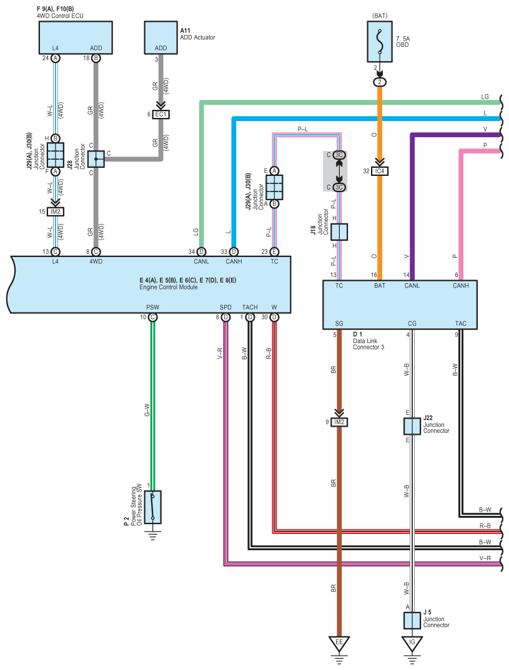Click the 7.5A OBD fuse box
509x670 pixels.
tap(379, 41)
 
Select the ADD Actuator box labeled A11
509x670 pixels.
tap(161, 37)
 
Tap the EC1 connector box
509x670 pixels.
tap(161, 115)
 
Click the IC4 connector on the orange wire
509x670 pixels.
tap(379, 171)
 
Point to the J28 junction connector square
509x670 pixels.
tap(96, 159)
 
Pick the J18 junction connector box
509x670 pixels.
tap(339, 232)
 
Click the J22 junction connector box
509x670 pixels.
tap(412, 427)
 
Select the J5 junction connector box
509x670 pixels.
tap(412, 621)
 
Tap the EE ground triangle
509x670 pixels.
tap(339, 644)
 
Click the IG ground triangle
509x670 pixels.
tap(412, 644)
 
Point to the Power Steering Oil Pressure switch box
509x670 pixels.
tap(152, 507)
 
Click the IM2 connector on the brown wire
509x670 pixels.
tap(339, 422)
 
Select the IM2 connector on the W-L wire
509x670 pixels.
tap(55, 211)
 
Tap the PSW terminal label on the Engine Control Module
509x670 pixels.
tap(152, 307)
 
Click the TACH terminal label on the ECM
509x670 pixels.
tap(250, 307)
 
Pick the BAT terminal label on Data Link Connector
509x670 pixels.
tap(380, 286)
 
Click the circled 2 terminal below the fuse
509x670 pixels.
tap(379, 82)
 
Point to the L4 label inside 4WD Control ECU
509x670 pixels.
tap(55, 48)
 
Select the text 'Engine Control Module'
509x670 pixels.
tap(169, 287)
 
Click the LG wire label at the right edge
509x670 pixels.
tap(485, 97)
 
